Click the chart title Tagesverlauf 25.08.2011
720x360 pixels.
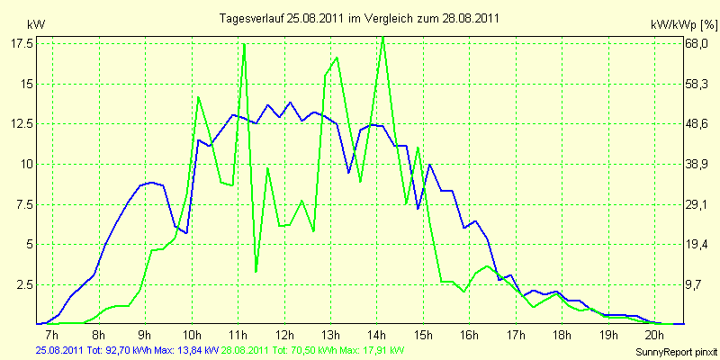click(360, 18)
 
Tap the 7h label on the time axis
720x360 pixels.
click(52, 334)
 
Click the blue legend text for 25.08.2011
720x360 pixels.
click(126, 349)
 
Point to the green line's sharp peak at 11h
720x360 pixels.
click(244, 44)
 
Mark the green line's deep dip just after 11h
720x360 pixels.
click(256, 271)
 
